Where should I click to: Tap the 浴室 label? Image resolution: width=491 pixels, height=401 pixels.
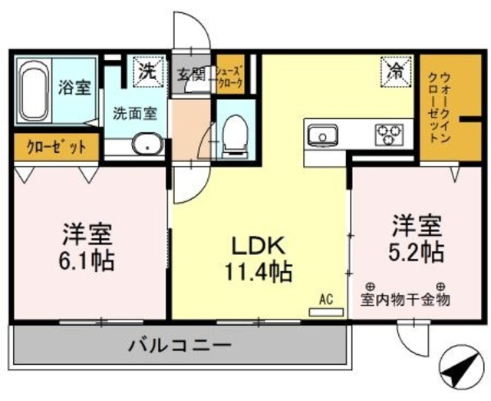74,87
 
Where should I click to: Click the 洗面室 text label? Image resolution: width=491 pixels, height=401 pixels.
135,113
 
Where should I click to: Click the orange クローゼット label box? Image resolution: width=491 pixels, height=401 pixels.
55,146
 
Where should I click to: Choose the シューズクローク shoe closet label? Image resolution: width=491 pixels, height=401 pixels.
229,74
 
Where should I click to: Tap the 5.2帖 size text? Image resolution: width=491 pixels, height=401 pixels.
416,250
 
